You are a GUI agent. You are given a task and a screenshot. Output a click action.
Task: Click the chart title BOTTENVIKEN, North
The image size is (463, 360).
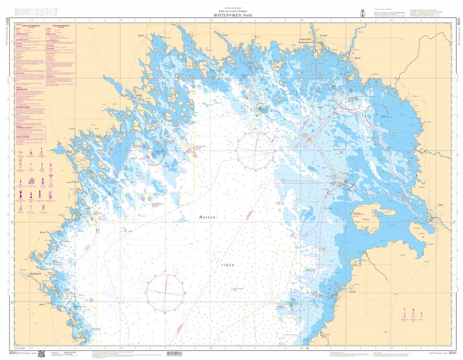pyautogui.click(x=231, y=15)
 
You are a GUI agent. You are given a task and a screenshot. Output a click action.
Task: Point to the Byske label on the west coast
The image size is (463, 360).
pyautogui.click(x=43, y=232)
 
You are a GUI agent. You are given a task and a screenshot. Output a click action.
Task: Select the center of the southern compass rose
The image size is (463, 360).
pyautogui.click(x=165, y=292)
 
